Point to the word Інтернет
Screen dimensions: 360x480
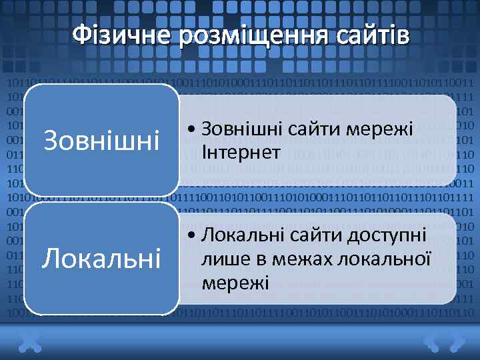click(240, 153)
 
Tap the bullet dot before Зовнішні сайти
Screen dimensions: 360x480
click(191, 129)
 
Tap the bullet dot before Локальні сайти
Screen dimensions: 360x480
click(191, 236)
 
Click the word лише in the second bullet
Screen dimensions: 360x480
click(221, 259)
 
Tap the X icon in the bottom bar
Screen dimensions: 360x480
click(29, 343)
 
